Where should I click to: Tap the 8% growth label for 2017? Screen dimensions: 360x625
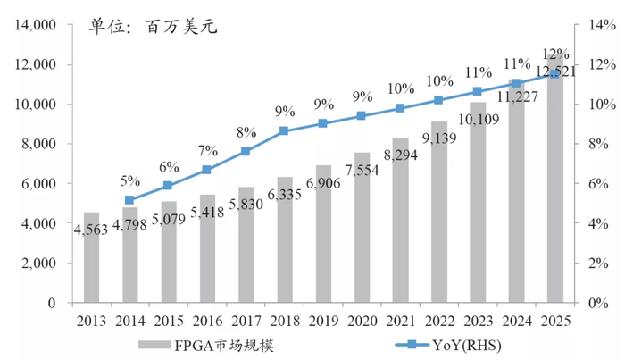(246, 132)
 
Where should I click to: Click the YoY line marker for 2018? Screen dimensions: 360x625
(284, 130)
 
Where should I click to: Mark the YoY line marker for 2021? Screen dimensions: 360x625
(400, 108)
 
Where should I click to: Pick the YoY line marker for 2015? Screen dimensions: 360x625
(168, 186)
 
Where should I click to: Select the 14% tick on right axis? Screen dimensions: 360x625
(599, 25)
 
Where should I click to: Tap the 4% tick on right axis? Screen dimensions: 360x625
(596, 223)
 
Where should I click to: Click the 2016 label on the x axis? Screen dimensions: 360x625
(207, 321)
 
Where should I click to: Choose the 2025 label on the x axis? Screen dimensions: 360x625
(554, 321)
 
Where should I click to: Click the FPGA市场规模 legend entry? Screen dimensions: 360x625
(210, 345)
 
